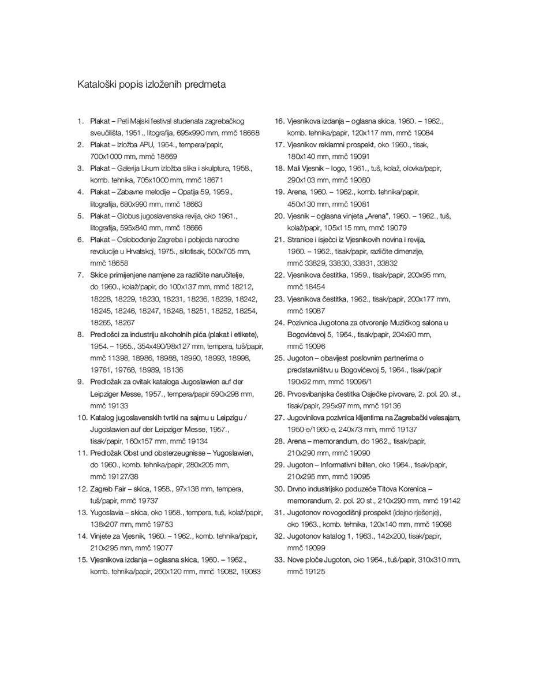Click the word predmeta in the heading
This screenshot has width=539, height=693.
pyautogui.click(x=205, y=84)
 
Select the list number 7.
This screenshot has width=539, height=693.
pyautogui.click(x=81, y=275)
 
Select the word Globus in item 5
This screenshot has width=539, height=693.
pyautogui.click(x=129, y=216)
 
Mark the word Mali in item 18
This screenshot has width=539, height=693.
pyautogui.click(x=294, y=169)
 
